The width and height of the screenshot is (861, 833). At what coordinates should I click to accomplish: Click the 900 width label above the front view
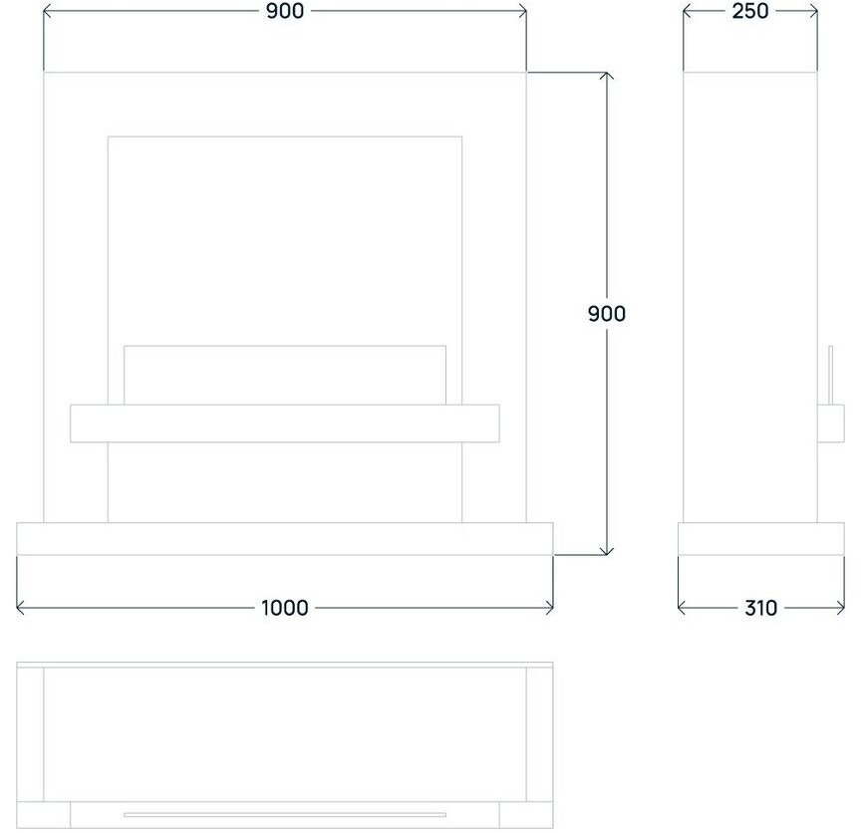[x=285, y=11]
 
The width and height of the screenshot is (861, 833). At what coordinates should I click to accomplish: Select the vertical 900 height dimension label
[x=606, y=314]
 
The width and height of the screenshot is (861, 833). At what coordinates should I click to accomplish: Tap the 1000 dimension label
[x=285, y=608]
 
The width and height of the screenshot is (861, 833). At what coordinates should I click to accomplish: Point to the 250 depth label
[x=749, y=11]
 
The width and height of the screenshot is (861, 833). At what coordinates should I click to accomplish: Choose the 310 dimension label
[x=760, y=608]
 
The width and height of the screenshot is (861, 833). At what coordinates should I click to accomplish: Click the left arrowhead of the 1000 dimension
[x=21, y=608]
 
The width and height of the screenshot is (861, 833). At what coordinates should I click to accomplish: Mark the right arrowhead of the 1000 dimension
[x=550, y=608]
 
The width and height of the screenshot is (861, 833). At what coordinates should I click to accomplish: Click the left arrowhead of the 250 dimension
[x=686, y=11]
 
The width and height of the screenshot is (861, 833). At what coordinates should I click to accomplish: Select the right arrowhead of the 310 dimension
[x=841, y=608]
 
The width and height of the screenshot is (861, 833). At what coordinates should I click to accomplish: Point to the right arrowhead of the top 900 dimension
[x=523, y=11]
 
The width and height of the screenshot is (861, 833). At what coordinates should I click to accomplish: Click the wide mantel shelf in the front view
[x=285, y=423]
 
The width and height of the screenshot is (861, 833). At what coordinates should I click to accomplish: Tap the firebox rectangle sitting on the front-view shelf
[x=285, y=375]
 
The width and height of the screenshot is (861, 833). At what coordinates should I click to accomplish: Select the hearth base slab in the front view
[x=285, y=538]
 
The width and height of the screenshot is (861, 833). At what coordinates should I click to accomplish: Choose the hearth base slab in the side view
[x=760, y=538]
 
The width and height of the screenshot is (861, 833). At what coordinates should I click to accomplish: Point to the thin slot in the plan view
[x=285, y=815]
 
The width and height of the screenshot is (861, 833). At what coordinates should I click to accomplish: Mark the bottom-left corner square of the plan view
[x=31, y=814]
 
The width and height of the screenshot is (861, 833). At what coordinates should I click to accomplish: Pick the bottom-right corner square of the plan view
[x=539, y=814]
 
